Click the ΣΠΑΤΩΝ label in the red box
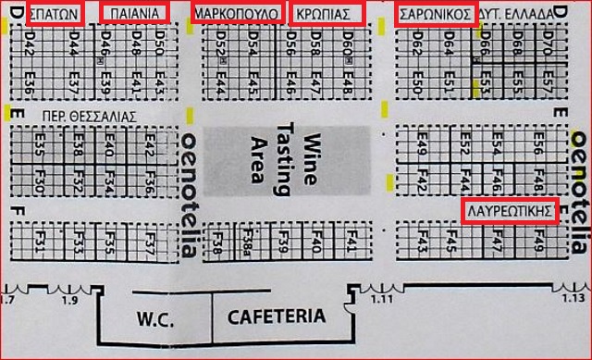pos(55,13)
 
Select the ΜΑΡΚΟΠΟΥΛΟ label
pos(237,13)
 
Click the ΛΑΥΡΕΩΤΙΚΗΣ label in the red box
pos(511,211)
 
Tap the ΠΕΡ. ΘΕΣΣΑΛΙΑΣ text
pos(84,117)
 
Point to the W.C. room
pos(156,317)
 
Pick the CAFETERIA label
pos(277,317)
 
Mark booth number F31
pos(39,243)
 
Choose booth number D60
pos(348,43)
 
